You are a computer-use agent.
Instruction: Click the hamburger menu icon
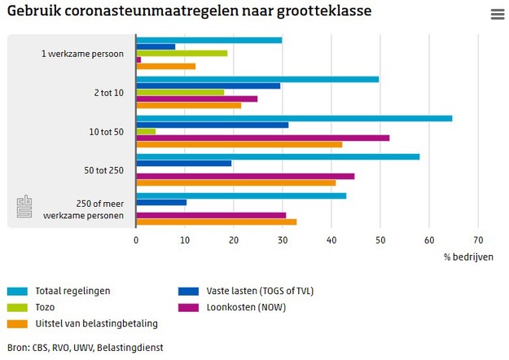[497, 15]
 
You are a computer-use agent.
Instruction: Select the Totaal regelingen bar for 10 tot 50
[294, 118]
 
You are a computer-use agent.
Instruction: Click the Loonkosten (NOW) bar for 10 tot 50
[263, 138]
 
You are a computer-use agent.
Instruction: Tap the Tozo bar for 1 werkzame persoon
[182, 53]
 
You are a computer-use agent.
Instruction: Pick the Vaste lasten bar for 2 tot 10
[208, 86]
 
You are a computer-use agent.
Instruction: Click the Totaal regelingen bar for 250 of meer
[241, 195]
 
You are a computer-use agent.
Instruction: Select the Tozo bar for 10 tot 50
[146, 131]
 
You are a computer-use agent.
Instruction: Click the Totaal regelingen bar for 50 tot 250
[278, 156]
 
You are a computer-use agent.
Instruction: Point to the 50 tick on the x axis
[380, 240]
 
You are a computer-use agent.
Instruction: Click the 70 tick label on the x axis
[478, 240]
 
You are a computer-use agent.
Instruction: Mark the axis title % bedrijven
[468, 257]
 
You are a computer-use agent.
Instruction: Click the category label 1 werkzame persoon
[82, 54]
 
